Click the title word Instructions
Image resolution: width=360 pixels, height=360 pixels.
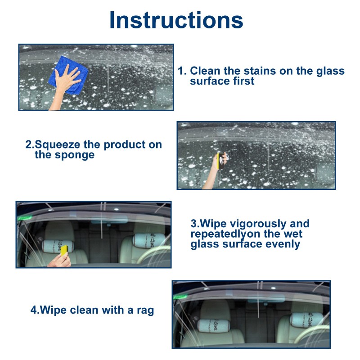coord(176,20)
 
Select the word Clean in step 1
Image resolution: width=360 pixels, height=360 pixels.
coord(206,71)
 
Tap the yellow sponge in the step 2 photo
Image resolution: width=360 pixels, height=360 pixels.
coord(220,162)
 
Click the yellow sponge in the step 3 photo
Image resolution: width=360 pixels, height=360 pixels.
coord(64,249)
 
